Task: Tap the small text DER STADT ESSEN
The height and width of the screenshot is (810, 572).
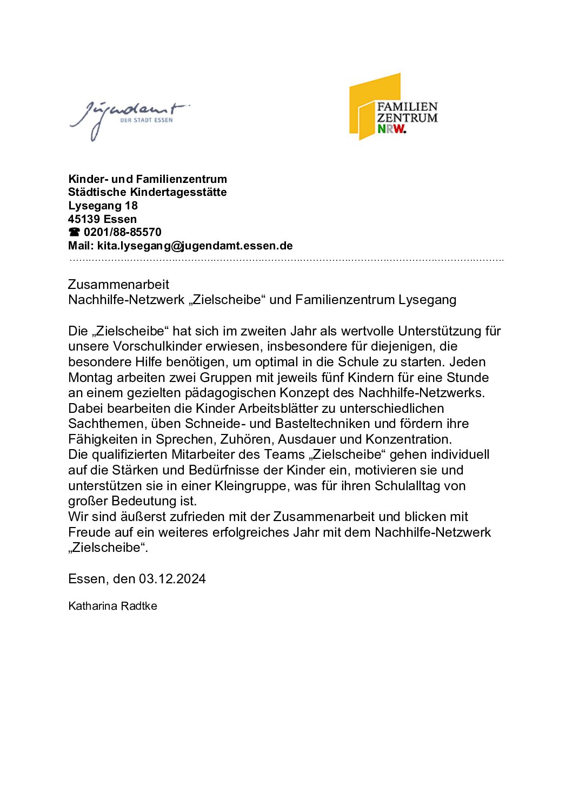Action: tap(146, 120)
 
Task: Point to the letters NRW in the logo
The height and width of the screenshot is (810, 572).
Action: tap(391, 129)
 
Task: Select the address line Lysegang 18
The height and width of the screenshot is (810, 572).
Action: tap(103, 206)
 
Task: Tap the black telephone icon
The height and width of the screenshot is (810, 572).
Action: tap(74, 233)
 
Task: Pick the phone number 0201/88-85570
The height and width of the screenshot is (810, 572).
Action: tap(123, 232)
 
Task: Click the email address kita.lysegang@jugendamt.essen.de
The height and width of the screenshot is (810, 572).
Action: tap(195, 246)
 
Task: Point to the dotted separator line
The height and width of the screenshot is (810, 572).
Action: tap(287, 260)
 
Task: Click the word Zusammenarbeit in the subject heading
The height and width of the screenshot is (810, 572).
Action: tap(118, 285)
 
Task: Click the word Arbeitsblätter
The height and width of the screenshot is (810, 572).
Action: tap(280, 409)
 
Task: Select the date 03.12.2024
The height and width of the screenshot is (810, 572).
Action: tap(172, 579)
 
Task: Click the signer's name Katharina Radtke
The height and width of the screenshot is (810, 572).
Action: tap(112, 606)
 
